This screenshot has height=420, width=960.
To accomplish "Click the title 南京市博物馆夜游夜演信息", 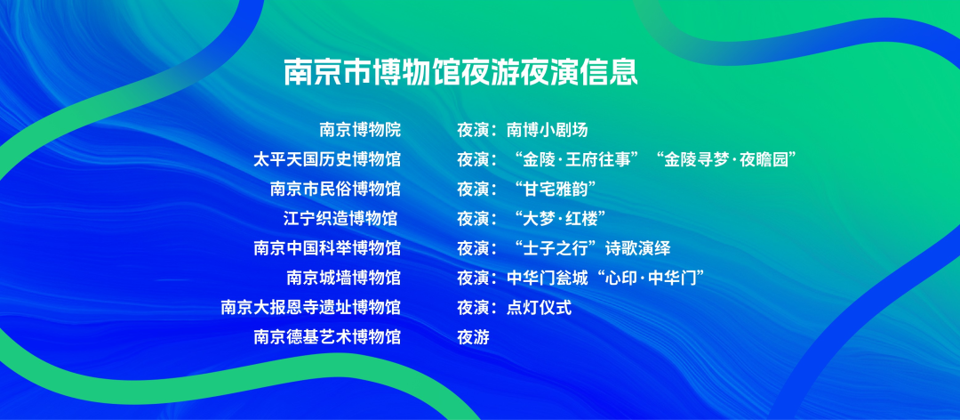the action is [460, 72].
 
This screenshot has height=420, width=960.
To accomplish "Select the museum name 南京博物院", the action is [360, 130].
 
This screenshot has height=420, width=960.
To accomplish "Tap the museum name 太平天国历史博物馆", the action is [327, 160].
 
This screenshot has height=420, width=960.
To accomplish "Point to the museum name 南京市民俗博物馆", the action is [335, 189].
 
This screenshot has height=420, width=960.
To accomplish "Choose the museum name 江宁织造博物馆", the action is [340, 218].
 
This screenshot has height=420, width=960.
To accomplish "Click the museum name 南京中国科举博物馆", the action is [327, 248].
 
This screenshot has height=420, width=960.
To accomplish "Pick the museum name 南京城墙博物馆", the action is [343, 278].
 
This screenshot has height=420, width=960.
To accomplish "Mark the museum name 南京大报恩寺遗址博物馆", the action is [311, 307].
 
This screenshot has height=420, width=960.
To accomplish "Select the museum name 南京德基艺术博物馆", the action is [327, 336].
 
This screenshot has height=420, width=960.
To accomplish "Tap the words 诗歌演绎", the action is [637, 248].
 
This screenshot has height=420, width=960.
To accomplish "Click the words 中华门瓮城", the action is [548, 278].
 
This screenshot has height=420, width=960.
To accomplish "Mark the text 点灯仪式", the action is [540, 307].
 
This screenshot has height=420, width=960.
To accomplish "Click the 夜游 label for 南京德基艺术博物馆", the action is [473, 336].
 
